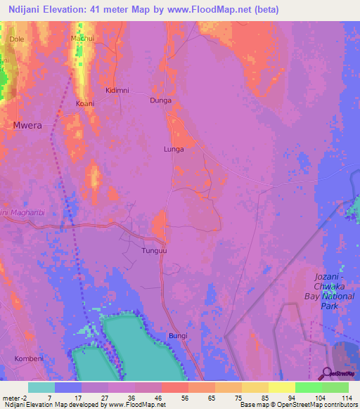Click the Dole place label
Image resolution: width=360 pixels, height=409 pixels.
point(16,39)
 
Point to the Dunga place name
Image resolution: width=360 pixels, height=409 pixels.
point(160,100)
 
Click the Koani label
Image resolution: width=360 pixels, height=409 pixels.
point(84,103)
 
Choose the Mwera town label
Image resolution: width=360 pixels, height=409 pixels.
point(27,125)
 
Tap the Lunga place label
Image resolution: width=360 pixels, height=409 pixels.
point(173,149)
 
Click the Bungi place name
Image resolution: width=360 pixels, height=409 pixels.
point(178,336)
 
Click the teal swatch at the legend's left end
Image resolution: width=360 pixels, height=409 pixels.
point(41,387)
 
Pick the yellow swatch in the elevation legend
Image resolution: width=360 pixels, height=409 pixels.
point(281,387)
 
